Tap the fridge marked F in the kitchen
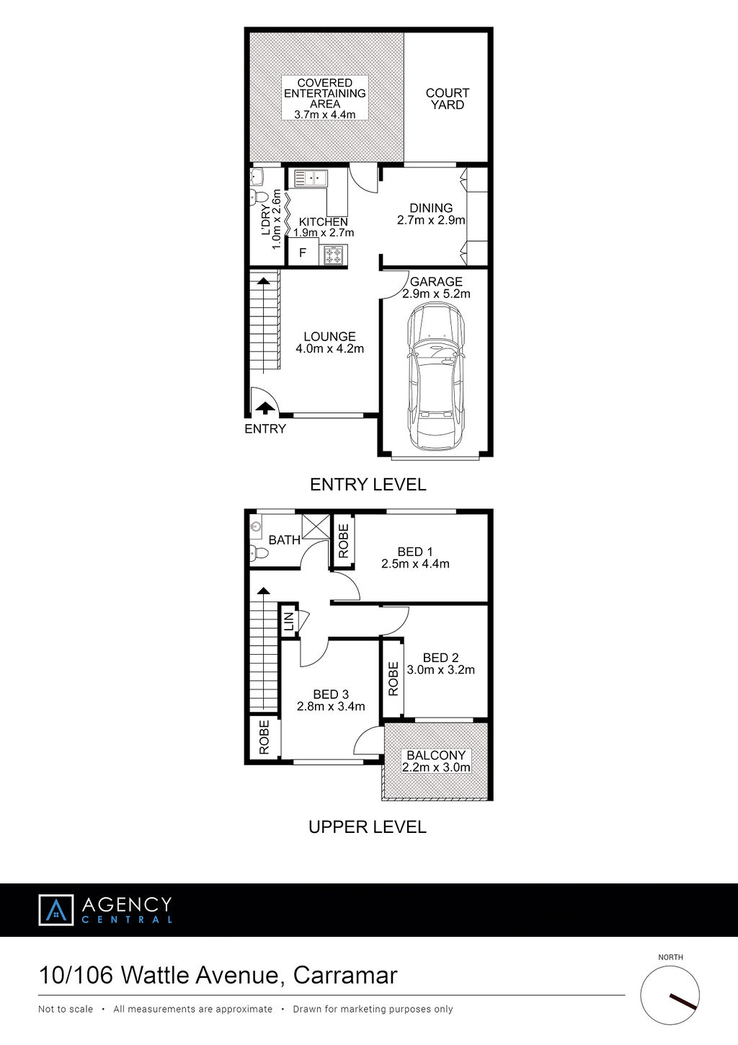point(303,252)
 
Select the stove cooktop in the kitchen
point(334,255)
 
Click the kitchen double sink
point(311,179)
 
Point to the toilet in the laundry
point(258,196)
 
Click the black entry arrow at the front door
point(264,407)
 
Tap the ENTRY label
point(264,428)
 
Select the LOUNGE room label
point(329,336)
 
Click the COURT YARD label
point(447,99)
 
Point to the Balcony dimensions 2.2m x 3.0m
point(436,767)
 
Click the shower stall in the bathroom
point(316,526)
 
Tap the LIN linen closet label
point(289,622)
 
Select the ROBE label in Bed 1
point(343,541)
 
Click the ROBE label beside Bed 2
point(393,679)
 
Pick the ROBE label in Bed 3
point(264,737)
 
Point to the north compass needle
point(683,1001)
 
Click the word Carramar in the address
point(345,975)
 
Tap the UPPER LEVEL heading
point(368,826)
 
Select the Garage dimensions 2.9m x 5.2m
point(436,294)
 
